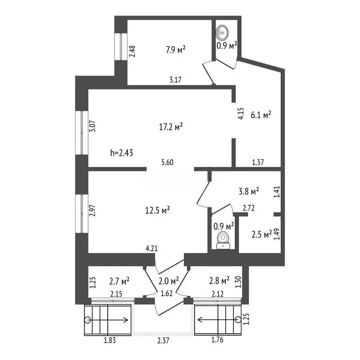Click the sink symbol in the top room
coord(222,32)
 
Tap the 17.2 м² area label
coord(171,127)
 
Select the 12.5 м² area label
coord(157,210)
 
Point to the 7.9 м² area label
coord(175,50)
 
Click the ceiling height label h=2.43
coord(122,153)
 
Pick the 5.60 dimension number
coord(167,162)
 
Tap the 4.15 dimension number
coord(240,113)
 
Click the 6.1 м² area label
coord(261,114)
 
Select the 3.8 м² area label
coord(249,191)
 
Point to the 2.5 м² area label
coord(262,235)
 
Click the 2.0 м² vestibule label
coord(169,281)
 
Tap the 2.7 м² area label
coord(119,281)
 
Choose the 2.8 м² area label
coord(219,281)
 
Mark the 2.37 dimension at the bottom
coord(163,340)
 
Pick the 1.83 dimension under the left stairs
coord(110,340)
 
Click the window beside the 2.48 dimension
coord(121,47)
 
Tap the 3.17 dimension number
coord(175,80)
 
